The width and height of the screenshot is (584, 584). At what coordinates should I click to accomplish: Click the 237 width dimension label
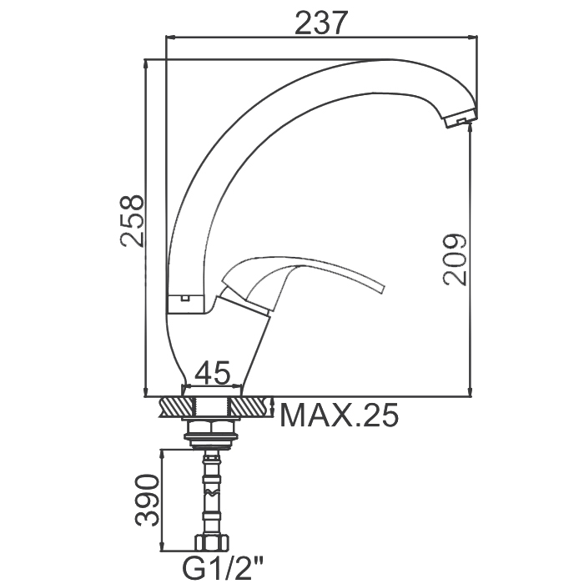(321, 23)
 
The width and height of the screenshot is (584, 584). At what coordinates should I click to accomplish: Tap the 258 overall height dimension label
(132, 220)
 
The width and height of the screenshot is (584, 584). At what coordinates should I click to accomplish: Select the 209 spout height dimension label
(455, 259)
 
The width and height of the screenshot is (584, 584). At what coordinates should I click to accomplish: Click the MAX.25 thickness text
(339, 415)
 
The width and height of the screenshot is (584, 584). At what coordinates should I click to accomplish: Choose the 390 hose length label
(147, 501)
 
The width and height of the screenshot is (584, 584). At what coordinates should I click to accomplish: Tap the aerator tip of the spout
(461, 118)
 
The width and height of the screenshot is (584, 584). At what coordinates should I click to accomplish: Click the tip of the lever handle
(381, 289)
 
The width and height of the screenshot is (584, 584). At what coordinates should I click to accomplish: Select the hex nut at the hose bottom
(212, 543)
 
